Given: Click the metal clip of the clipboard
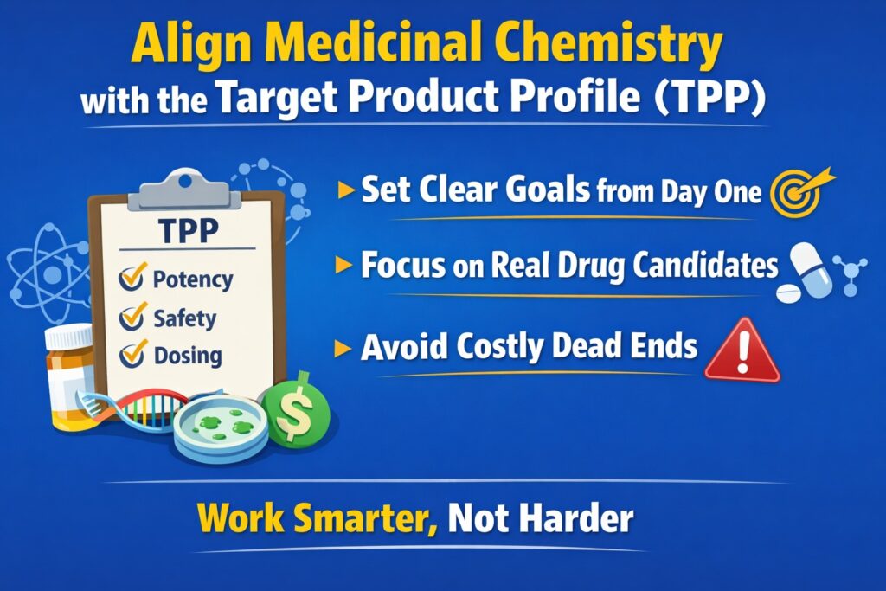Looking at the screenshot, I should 183,188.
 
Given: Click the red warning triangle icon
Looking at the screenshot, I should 742,352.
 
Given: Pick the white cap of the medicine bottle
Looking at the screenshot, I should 69,337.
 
